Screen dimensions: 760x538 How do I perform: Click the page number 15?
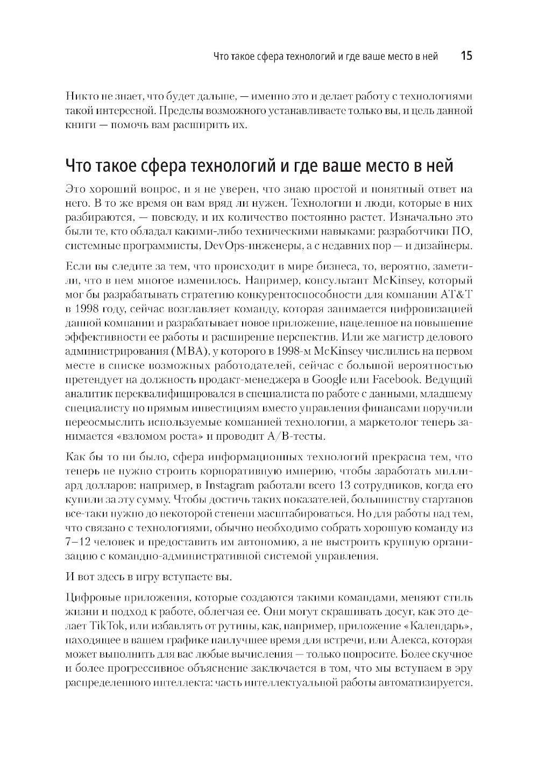[466, 56]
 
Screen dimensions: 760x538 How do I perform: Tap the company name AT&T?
[457, 295]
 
